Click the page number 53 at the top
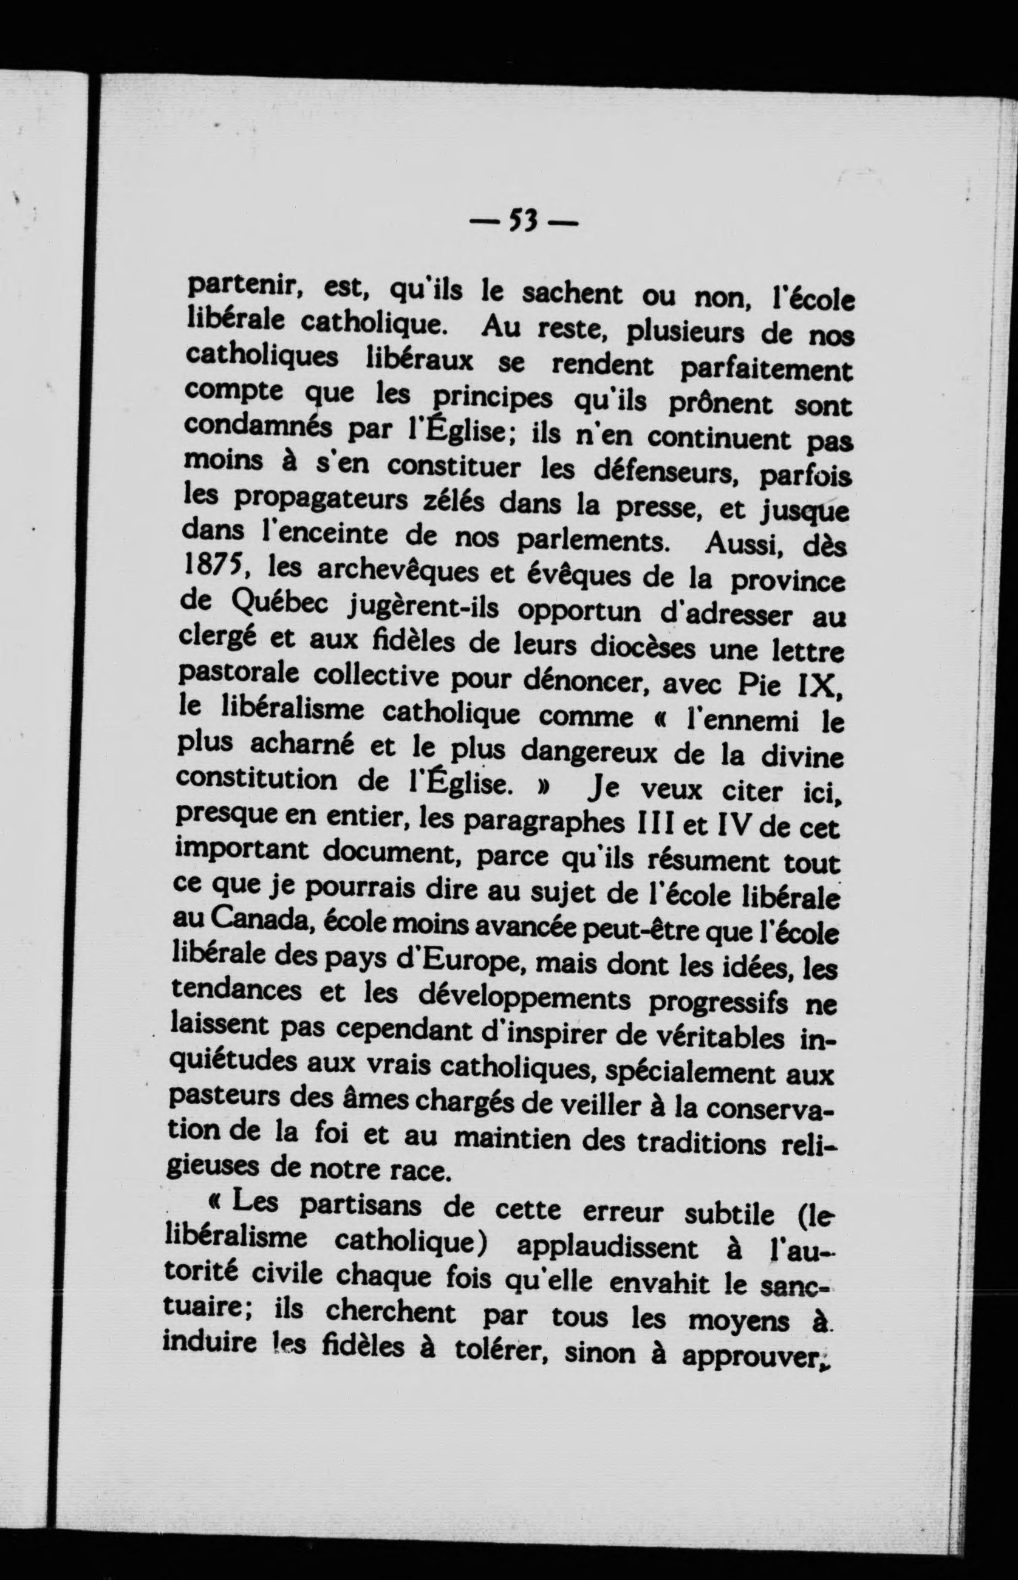point(522,221)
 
